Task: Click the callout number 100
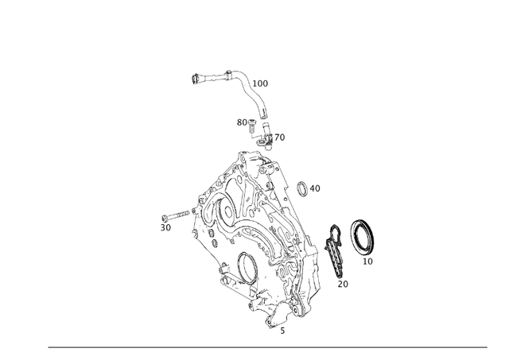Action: click(x=260, y=83)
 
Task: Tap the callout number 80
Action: click(x=242, y=122)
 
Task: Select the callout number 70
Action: click(x=279, y=137)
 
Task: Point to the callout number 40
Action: click(x=315, y=188)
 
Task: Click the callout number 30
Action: click(x=165, y=227)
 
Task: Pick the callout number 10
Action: click(x=367, y=261)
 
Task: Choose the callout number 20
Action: click(x=343, y=285)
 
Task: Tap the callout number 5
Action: click(x=282, y=331)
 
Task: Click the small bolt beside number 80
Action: click(x=252, y=126)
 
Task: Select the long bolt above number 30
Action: click(x=175, y=215)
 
